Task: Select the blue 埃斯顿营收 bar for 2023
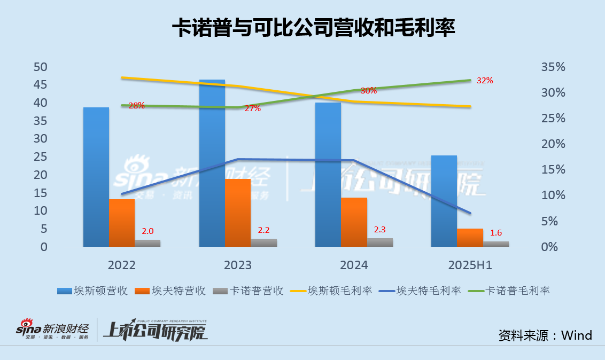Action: pos(212,163)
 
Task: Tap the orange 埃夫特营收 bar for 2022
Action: pos(122,223)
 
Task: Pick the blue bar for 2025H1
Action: pos(444,201)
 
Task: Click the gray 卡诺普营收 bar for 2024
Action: pos(380,242)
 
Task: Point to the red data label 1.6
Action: pos(495,233)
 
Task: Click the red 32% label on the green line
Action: pos(484,81)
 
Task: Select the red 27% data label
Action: pos(253,108)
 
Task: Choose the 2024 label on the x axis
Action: pos(354,265)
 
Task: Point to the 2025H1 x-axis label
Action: pos(469,265)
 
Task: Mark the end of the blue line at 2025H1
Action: pos(470,213)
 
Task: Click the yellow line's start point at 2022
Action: pos(122,77)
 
